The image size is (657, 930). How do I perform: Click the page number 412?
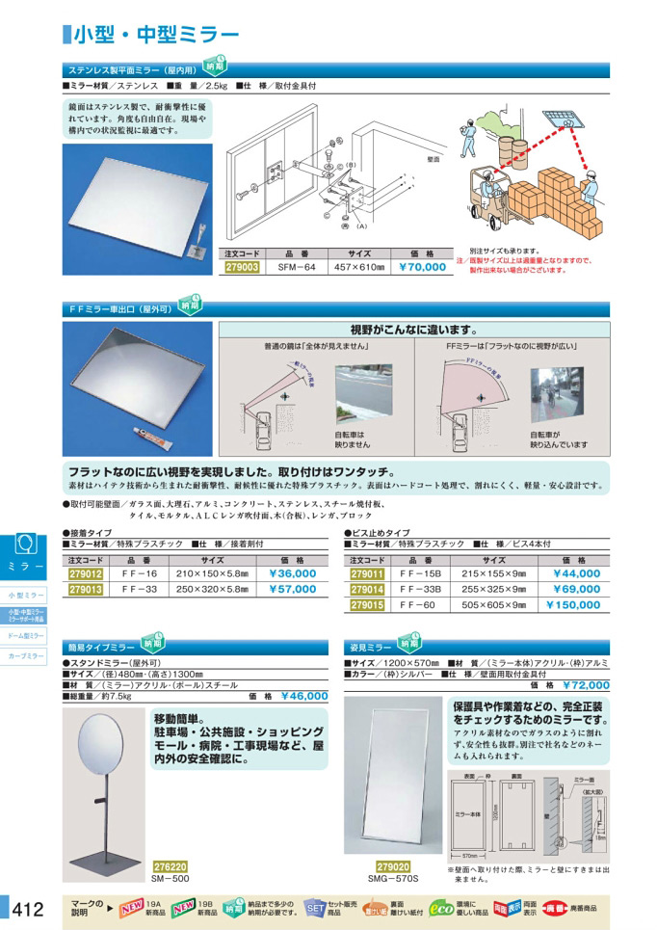point(28,908)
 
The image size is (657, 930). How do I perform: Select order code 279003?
point(242,268)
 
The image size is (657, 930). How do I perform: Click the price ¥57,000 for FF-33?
point(292,589)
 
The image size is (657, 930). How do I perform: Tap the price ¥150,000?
point(578,605)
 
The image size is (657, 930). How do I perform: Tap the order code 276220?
point(171,866)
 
